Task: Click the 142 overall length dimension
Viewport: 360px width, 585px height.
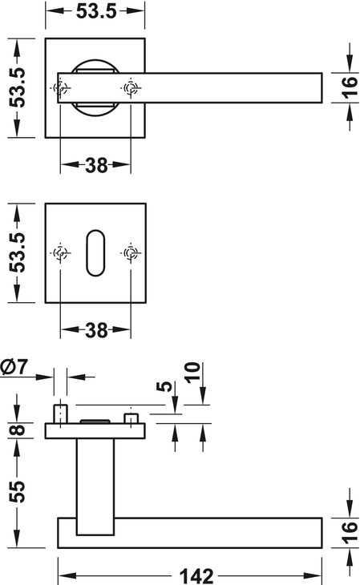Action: tap(196, 575)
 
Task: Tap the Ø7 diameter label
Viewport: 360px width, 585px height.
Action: tap(14, 366)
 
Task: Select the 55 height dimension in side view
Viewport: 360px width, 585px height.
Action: tap(17, 491)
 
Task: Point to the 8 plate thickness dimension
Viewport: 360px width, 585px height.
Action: tap(17, 430)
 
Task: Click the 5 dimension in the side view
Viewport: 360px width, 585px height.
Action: tap(164, 386)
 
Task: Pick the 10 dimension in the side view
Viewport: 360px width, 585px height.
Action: tap(192, 372)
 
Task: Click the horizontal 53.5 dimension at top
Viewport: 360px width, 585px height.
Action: tap(96, 11)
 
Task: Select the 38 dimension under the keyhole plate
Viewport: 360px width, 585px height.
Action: tap(96, 330)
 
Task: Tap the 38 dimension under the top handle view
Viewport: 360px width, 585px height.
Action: tap(96, 165)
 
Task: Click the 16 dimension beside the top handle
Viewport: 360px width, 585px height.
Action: tap(349, 87)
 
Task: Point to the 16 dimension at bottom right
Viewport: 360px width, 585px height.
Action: tap(349, 532)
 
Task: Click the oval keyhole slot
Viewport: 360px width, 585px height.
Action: tap(95, 253)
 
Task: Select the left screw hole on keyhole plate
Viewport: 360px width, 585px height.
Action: tap(60, 253)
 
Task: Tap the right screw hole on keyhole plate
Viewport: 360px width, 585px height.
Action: tap(131, 253)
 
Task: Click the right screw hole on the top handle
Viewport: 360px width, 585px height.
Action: tap(131, 88)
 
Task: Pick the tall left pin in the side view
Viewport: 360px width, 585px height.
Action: tap(60, 414)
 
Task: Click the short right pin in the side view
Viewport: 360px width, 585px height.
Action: tap(131, 418)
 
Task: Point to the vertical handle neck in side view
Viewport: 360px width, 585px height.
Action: tap(95, 486)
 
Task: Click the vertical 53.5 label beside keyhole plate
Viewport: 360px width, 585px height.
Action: tap(17, 252)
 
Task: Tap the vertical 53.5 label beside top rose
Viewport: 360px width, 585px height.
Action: tap(17, 87)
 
